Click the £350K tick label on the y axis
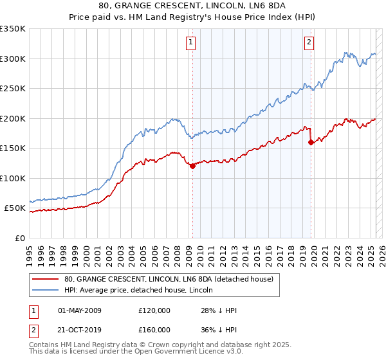point(13,29)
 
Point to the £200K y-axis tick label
point(13,118)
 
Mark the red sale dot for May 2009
point(192,166)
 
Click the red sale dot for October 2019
point(311,142)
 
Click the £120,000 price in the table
point(154,310)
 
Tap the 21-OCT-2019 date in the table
point(80,330)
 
